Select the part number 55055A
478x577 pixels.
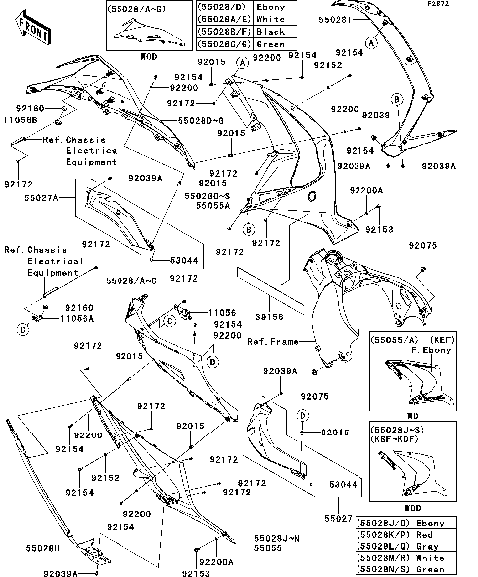214,205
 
